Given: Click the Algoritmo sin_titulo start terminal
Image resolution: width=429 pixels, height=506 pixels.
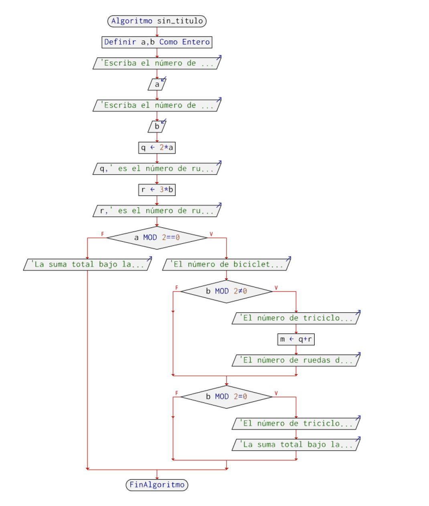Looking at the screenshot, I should pyautogui.click(x=157, y=21).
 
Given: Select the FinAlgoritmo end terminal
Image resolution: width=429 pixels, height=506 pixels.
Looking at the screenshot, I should pyautogui.click(x=157, y=485).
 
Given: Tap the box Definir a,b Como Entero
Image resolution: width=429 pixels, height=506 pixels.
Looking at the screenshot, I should pyautogui.click(x=157, y=42).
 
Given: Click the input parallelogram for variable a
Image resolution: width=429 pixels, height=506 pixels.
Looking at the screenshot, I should pyautogui.click(x=157, y=85).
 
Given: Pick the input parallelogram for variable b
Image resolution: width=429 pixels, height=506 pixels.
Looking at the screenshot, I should pyautogui.click(x=157, y=127).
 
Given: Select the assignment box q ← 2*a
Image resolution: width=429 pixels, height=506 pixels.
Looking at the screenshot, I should pyautogui.click(x=157, y=148).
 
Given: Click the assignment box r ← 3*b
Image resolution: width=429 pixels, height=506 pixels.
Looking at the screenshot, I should pyautogui.click(x=157, y=190).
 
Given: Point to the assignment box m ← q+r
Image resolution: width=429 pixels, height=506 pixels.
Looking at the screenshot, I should pyautogui.click(x=296, y=339).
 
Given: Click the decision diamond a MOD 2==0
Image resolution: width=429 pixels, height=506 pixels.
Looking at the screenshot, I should pyautogui.click(x=157, y=238).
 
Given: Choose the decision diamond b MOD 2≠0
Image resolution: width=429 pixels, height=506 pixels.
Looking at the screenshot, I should pyautogui.click(x=227, y=291).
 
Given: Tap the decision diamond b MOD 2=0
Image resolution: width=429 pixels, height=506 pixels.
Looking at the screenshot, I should pyautogui.click(x=227, y=397).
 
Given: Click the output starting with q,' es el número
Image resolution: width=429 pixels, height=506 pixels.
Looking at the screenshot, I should pyautogui.click(x=157, y=169).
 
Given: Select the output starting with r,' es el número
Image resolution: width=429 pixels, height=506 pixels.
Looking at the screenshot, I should pyautogui.click(x=157, y=211).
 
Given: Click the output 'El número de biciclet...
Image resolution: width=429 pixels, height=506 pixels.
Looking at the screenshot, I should pyautogui.click(x=227, y=265).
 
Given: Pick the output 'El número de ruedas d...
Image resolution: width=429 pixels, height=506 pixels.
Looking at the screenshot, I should pyautogui.click(x=296, y=360).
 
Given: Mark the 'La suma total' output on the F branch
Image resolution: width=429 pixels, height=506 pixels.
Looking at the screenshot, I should pyautogui.click(x=87, y=265).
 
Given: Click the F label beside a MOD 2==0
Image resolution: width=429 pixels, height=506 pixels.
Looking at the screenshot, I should pyautogui.click(x=102, y=234).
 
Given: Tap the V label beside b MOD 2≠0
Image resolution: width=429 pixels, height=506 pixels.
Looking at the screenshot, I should pyautogui.click(x=276, y=288).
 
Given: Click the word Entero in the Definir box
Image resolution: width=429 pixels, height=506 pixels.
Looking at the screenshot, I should pyautogui.click(x=196, y=42).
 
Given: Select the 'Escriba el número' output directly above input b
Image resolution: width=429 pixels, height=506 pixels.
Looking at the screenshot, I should pyautogui.click(x=157, y=105).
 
